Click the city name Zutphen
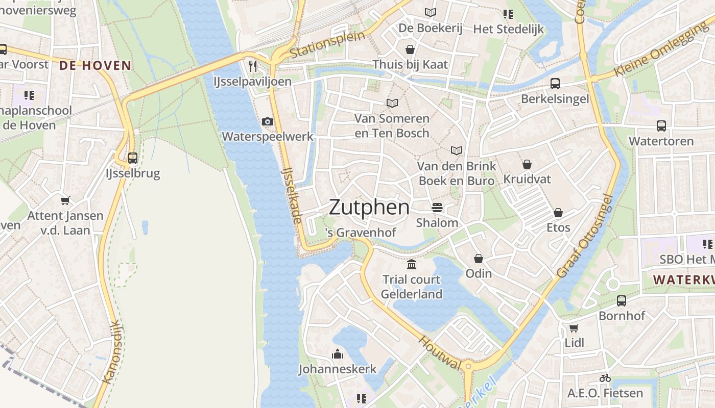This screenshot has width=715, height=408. (369, 208)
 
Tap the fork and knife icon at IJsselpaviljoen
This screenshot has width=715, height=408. (252, 66)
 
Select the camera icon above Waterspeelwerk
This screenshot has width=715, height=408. (267, 121)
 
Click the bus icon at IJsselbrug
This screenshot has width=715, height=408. (133, 158)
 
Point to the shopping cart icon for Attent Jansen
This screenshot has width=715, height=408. (65, 200)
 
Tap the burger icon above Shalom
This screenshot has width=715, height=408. (437, 208)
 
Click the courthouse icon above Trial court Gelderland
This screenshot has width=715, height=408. (412, 264)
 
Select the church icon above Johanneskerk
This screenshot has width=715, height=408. (337, 354)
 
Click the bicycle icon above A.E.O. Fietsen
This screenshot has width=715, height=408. (605, 378)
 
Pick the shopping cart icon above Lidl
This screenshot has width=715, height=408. (574, 327)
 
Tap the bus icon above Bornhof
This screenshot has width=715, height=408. (621, 301)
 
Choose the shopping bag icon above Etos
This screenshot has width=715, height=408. (558, 212)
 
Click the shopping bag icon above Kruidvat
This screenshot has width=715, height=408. (527, 164)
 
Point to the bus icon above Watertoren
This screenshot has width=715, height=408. (661, 125)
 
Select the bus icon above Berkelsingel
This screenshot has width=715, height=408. (555, 84)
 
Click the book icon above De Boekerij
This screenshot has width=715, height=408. (431, 12)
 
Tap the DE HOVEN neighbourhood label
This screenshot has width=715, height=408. (95, 65)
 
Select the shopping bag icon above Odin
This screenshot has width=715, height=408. (479, 259)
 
